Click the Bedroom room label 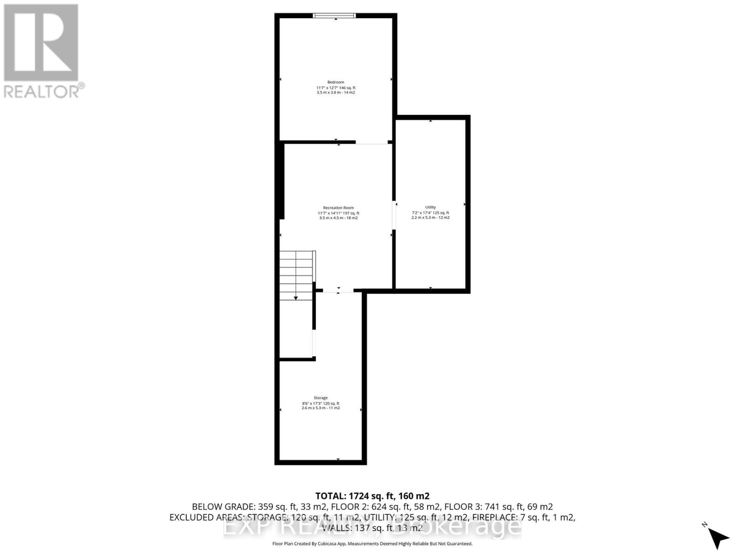tap(336, 82)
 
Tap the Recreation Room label tap(339, 208)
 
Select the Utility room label tap(430, 207)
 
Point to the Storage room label tap(320, 398)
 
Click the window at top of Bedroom tap(334, 15)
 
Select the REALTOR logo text tap(44, 91)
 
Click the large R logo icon tap(41, 42)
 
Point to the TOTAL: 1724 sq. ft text tap(372, 496)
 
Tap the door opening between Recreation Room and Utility tap(394, 215)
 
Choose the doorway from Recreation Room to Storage tap(338, 291)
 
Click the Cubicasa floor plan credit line tap(372, 544)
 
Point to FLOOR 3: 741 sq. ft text tap(498, 507)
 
